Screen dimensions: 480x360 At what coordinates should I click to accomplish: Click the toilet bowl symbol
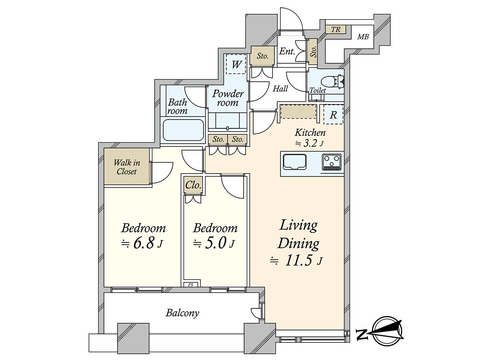pyautogui.click(x=332, y=82)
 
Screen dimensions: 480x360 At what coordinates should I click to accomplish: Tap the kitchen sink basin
pyautogui.click(x=294, y=162)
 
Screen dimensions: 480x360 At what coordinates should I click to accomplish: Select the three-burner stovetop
pyautogui.click(x=332, y=162)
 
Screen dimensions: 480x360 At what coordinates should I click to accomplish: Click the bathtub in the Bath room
pyautogui.click(x=183, y=130)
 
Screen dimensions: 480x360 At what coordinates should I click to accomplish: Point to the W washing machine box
pyautogui.click(x=236, y=64)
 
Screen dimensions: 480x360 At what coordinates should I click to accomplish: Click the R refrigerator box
pyautogui.click(x=333, y=115)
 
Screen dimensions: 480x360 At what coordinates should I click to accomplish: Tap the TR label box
pyautogui.click(x=336, y=30)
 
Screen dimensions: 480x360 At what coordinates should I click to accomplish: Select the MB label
pyautogui.click(x=363, y=37)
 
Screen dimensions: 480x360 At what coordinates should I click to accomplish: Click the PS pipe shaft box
pyautogui.click(x=191, y=285)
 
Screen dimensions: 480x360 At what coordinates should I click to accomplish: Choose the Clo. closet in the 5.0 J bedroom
pyautogui.click(x=193, y=185)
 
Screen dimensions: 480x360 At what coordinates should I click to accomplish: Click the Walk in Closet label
pyautogui.click(x=127, y=167)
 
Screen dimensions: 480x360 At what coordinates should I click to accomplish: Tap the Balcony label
pyautogui.click(x=182, y=313)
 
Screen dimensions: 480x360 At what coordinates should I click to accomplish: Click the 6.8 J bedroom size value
pyautogui.click(x=142, y=244)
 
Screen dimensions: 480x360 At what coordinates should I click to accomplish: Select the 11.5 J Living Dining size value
pyautogui.click(x=296, y=261)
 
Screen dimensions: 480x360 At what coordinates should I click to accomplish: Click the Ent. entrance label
pyautogui.click(x=287, y=52)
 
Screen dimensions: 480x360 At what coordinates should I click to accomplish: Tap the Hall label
pyautogui.click(x=280, y=89)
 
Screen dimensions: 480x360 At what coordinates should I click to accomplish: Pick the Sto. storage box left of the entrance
pyautogui.click(x=262, y=56)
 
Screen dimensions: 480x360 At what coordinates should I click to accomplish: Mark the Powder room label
pyautogui.click(x=228, y=98)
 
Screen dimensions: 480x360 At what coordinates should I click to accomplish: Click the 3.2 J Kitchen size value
pyautogui.click(x=309, y=144)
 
